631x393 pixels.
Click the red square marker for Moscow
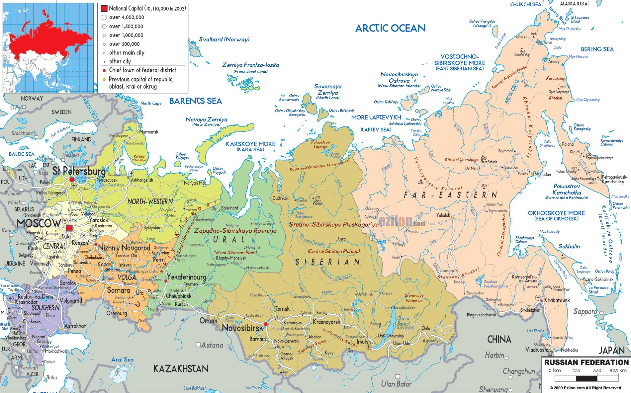pyautogui.click(x=69, y=228)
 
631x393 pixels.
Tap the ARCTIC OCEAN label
pyautogui.click(x=390, y=28)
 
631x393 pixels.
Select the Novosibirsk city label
pyautogui.click(x=242, y=328)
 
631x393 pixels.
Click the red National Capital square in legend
pyautogui.click(x=104, y=8)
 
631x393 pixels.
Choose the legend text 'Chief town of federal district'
pyautogui.click(x=142, y=70)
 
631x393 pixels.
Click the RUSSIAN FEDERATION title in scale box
pyautogui.click(x=586, y=362)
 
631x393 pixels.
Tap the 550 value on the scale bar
pyautogui.click(x=597, y=370)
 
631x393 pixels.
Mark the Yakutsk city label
pyautogui.click(x=443, y=215)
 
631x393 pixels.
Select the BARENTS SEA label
pyautogui.click(x=195, y=101)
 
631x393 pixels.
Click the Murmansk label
pyautogui.click(x=149, y=132)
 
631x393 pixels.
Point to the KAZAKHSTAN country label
pyautogui.click(x=181, y=369)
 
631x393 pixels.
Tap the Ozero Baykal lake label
pyautogui.click(x=403, y=321)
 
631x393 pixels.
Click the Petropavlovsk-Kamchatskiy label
pyautogui.click(x=614, y=179)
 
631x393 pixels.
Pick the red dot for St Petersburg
pyautogui.click(x=72, y=180)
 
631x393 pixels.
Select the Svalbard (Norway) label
pyautogui.click(x=224, y=39)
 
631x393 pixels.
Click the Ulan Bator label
pyautogui.click(x=396, y=384)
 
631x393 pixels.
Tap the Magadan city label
pyautogui.click(x=543, y=175)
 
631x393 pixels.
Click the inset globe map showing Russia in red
pyautogui.click(x=48, y=48)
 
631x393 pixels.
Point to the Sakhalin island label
pyautogui.click(x=569, y=246)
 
